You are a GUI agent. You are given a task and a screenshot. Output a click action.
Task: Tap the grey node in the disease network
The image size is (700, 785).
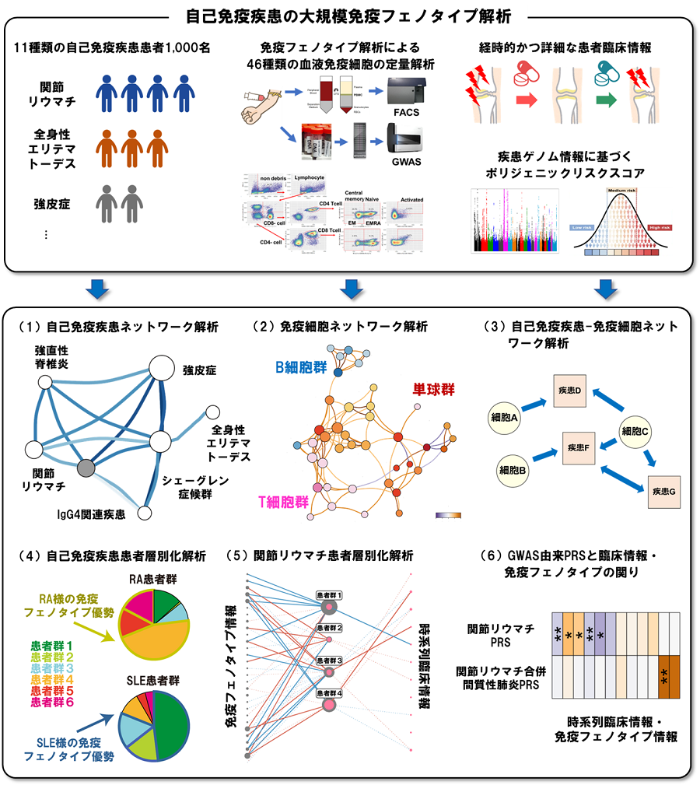tap(87, 468)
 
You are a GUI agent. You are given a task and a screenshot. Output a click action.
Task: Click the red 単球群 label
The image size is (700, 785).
tap(435, 387)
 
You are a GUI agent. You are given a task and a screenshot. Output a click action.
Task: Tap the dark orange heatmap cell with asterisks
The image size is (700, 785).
tap(664, 675)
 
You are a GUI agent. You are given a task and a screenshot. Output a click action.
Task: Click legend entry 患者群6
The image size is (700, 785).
tap(52, 702)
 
